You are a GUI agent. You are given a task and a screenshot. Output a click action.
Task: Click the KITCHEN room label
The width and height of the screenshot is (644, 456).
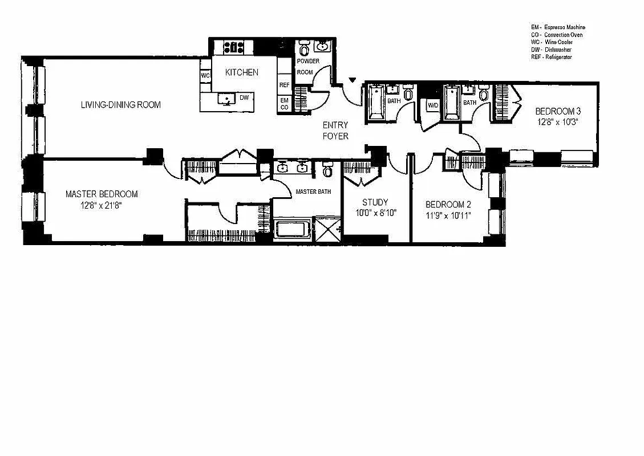click(x=241, y=72)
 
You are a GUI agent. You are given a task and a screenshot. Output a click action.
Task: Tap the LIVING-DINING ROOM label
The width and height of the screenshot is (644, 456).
click(x=120, y=105)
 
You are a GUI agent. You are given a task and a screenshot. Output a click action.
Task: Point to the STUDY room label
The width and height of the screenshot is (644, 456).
click(x=375, y=202)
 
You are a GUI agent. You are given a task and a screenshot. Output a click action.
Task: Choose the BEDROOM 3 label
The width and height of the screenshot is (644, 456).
click(x=558, y=111)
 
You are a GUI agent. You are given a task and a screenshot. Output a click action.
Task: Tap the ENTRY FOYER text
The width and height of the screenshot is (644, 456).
click(x=335, y=131)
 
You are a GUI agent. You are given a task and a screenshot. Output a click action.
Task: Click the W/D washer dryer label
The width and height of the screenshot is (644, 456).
click(x=432, y=105)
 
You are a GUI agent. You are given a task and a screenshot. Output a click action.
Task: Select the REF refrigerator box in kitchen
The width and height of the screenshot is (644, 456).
click(x=284, y=85)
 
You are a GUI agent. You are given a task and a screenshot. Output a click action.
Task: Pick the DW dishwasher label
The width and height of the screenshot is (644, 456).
click(x=244, y=98)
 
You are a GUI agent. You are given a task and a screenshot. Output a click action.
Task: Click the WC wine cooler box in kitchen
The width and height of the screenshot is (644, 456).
click(x=205, y=75)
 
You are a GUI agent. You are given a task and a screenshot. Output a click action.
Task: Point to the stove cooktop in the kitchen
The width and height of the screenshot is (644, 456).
click(x=233, y=47)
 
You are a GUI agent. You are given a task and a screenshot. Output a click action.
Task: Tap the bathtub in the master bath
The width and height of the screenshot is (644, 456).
click(x=292, y=230)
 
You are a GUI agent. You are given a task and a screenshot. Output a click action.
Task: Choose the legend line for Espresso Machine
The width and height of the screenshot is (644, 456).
click(x=557, y=27)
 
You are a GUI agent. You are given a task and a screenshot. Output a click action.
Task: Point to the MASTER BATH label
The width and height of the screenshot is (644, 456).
click(x=313, y=192)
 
